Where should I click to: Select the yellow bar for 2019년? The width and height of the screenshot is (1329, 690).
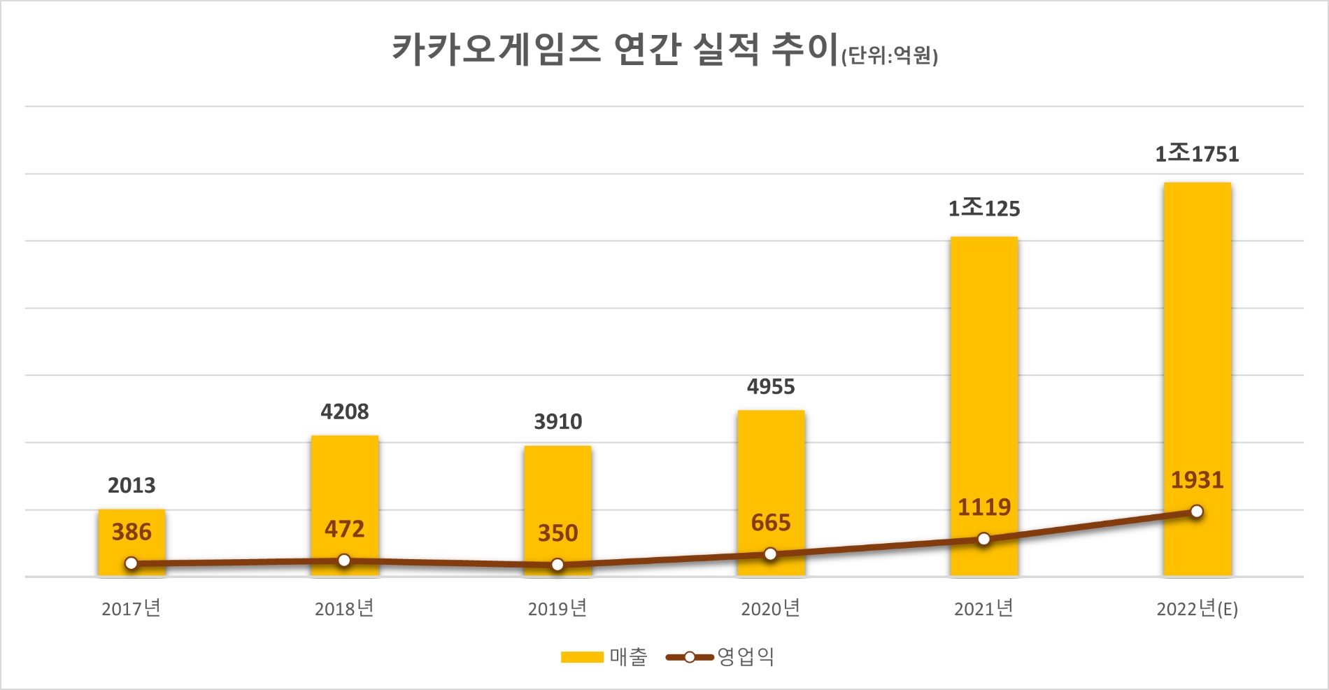tap(557, 511)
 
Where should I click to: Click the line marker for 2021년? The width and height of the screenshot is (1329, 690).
tap(983, 539)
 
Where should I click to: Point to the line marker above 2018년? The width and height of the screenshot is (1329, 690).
tap(344, 561)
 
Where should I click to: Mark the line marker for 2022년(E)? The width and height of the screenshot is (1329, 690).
tap(1197, 512)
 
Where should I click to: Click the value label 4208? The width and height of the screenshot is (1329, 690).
tap(344, 411)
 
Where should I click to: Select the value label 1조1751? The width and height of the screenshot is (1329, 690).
tap(1197, 153)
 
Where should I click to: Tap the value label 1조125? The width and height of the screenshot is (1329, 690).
tap(983, 208)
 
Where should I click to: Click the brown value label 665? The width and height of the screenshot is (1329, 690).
tap(770, 523)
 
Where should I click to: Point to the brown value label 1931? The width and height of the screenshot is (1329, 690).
tap(1197, 480)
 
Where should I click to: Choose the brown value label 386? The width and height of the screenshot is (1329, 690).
tap(132, 533)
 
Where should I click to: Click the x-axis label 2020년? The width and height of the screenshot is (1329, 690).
tap(770, 609)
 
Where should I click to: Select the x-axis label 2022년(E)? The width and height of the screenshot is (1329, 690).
tap(1197, 609)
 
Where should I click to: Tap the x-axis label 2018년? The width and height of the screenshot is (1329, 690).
tap(344, 609)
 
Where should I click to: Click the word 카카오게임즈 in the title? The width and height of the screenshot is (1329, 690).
tap(496, 49)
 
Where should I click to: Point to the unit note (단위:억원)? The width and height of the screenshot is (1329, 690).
tap(889, 55)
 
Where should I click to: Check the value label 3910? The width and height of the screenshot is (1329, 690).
tap(557, 422)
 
